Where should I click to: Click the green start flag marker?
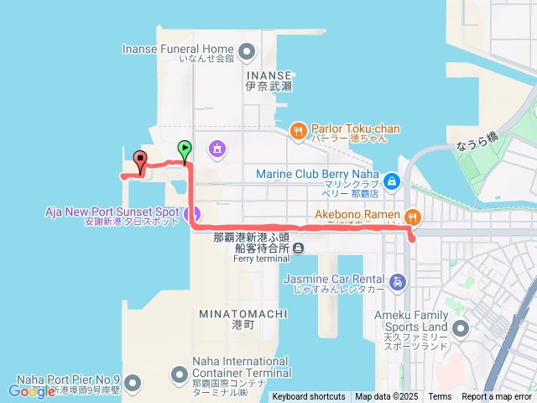[185, 149]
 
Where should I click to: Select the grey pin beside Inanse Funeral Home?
[247, 53]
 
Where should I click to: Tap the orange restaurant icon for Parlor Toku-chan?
[298, 130]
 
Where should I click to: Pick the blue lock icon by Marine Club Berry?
[391, 180]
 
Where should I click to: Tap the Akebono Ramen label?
[357, 214]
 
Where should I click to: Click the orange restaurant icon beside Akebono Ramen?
[412, 215]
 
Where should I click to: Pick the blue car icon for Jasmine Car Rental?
[399, 281]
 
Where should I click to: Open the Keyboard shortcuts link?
[309, 397]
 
